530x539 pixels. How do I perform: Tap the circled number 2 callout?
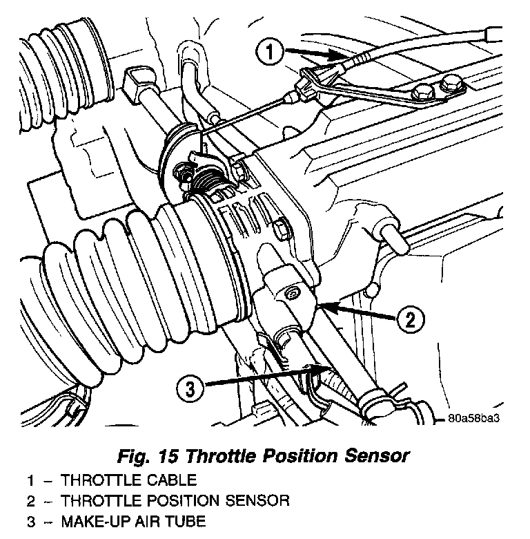coord(410,319)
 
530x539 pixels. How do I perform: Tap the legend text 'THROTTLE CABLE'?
coord(129,480)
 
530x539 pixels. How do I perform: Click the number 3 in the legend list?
coord(32,520)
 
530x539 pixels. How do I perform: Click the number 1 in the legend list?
coord(32,480)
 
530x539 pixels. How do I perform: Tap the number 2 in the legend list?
coord(32,500)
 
